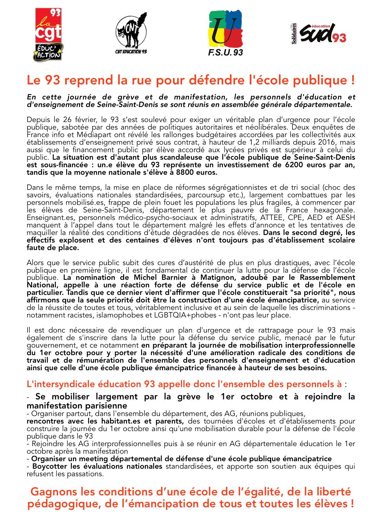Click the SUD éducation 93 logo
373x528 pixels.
[319, 33]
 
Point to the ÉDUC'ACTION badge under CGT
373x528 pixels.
[48, 52]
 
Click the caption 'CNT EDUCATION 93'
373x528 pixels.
[131, 51]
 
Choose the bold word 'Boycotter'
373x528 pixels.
[50, 467]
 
